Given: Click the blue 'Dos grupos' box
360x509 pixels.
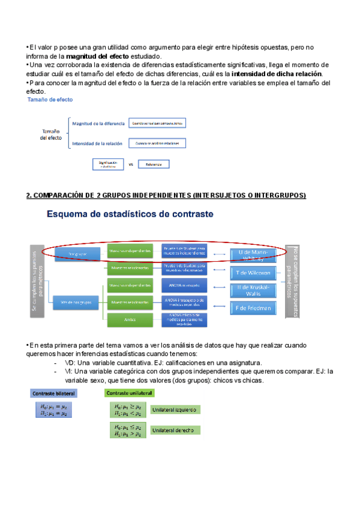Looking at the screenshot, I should [77, 254].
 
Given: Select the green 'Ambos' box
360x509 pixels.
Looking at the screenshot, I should [128, 320].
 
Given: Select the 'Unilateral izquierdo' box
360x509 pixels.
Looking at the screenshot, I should [175, 410].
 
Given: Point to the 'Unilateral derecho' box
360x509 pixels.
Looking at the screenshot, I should [175, 430].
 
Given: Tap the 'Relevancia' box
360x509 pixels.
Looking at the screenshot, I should [154, 163].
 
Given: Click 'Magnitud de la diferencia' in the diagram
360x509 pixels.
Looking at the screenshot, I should [98, 123].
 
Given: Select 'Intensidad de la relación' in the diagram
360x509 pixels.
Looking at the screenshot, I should [97, 143].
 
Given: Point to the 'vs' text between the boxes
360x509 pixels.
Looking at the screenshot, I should [130, 163].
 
